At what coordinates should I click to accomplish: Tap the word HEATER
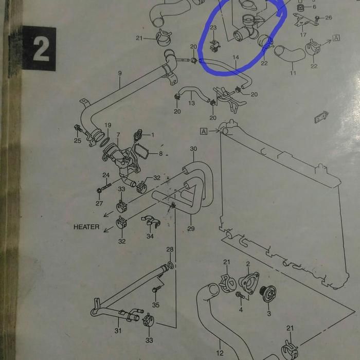[86, 227]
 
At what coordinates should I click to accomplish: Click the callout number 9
[120, 73]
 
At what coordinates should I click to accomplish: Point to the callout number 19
[108, 125]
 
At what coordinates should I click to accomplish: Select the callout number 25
[78, 140]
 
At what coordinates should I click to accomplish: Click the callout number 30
[193, 149]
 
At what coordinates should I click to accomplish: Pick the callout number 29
[191, 228]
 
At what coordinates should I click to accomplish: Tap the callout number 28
[170, 249]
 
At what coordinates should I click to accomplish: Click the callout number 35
[155, 304]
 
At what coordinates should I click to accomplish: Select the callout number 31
[118, 331]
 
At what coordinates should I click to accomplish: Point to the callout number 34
[150, 236]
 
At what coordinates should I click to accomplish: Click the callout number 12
[220, 353]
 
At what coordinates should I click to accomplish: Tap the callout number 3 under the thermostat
[268, 313]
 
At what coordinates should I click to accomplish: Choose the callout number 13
[191, 103]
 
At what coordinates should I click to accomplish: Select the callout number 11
[293, 73]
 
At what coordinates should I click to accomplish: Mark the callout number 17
[303, 35]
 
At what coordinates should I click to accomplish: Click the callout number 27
[99, 203]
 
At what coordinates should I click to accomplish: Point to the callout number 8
[160, 153]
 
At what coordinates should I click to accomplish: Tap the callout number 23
[213, 27]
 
